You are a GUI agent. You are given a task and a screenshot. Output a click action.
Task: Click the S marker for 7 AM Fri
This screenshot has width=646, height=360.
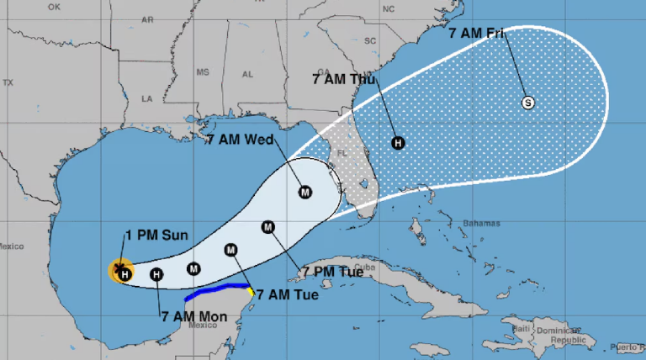[x=528, y=103]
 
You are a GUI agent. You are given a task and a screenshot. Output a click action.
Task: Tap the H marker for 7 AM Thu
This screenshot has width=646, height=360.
[x=398, y=143]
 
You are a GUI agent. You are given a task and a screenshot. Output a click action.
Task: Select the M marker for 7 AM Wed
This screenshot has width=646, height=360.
[x=305, y=192]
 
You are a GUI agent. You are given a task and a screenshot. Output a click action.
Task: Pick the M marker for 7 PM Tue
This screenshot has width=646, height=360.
[x=268, y=226]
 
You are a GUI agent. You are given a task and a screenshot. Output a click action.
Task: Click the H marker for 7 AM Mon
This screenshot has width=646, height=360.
[x=156, y=273]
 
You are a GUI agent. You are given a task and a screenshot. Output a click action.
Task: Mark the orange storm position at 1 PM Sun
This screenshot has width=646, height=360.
[x=121, y=270]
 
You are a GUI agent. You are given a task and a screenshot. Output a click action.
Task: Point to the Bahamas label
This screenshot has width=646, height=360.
[x=481, y=223]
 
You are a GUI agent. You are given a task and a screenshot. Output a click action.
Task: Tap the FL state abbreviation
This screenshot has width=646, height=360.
[x=342, y=154]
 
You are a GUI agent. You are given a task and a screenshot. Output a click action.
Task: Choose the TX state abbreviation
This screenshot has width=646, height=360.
[x=8, y=82]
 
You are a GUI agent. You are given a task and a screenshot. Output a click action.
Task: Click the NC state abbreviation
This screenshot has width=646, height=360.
[x=388, y=9]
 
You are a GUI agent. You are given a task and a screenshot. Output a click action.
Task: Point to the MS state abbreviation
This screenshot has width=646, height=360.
[x=202, y=73]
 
